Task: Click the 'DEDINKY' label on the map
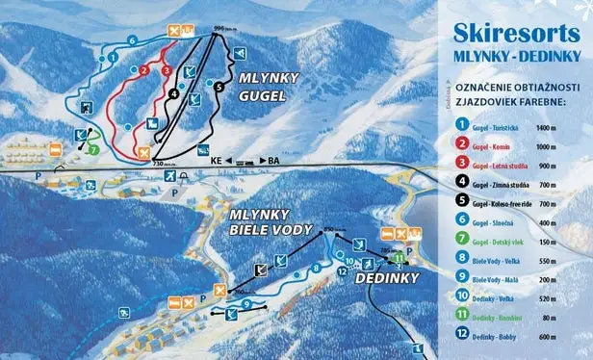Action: tap(357, 276)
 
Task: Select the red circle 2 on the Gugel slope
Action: tap(142, 69)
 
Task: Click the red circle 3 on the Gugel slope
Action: tap(166, 69)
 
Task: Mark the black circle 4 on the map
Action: tap(172, 93)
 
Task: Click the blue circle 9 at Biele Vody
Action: tap(246, 303)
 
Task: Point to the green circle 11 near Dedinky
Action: tap(400, 257)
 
